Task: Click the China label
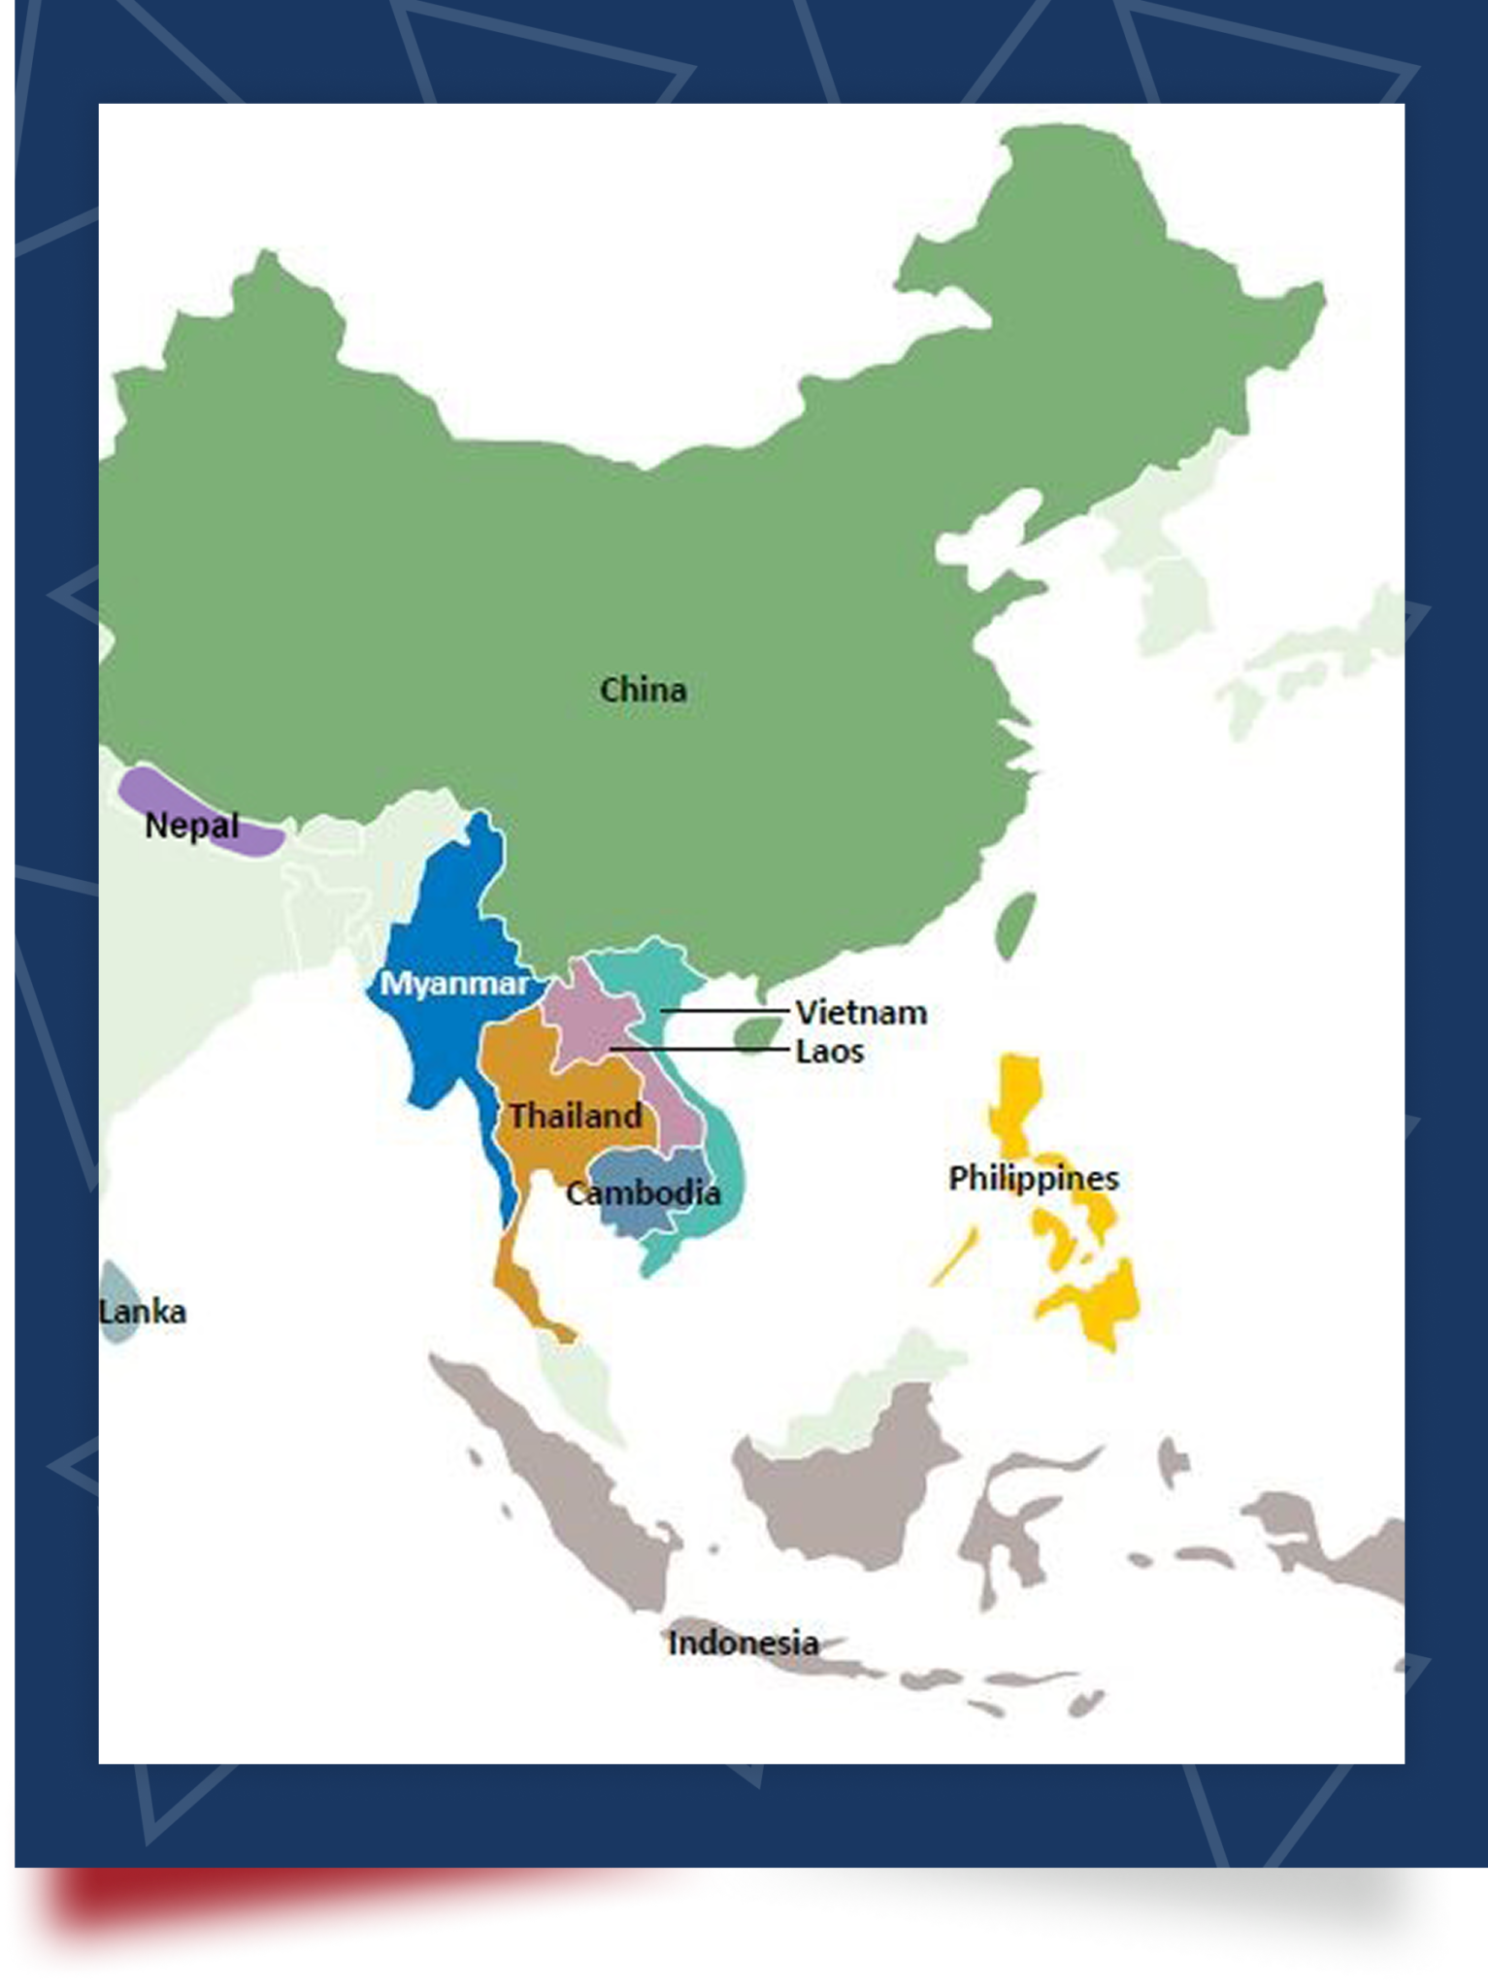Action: [x=643, y=690]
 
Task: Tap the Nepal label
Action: [x=191, y=826]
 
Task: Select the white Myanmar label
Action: [x=453, y=984]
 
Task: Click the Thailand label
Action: [x=576, y=1116]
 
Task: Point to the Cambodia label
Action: [x=643, y=1192]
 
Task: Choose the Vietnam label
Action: [x=861, y=1013]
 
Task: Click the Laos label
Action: [x=829, y=1052]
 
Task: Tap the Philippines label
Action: [x=1033, y=1179]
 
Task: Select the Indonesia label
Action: [x=743, y=1643]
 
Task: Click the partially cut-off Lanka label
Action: [x=142, y=1312]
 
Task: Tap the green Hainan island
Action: [x=757, y=1034]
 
